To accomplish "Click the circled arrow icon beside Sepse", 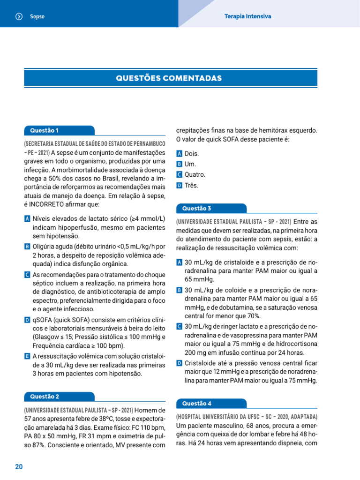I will [19, 16].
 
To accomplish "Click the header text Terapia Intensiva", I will [247, 16].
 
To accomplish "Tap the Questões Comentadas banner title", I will [169, 78].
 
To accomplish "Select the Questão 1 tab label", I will [44, 130].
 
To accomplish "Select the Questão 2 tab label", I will [45, 397].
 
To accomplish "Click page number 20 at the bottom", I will [19, 467].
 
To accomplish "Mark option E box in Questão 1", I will [27, 356].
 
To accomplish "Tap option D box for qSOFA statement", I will [27, 320].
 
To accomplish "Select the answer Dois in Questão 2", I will [192, 154].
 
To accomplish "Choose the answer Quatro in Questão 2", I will [195, 175].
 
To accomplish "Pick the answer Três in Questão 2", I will [192, 185].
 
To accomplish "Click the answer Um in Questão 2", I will [190, 164].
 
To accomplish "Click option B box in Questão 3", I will [179, 290].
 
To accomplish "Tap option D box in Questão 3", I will [179, 363].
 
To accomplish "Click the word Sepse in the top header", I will [37, 16].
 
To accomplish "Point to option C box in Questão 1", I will [27, 274].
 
